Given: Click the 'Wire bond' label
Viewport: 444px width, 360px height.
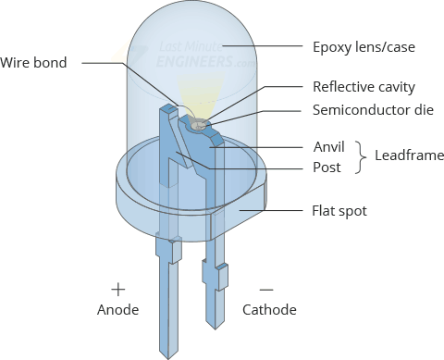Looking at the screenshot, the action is (x=33, y=63).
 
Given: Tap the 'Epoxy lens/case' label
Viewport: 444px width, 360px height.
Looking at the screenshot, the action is (x=364, y=47).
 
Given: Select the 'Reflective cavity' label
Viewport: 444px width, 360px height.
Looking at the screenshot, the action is (x=364, y=87).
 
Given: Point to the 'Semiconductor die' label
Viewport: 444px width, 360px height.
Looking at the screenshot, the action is (x=373, y=110).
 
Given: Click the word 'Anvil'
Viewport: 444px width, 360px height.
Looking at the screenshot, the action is (x=328, y=147).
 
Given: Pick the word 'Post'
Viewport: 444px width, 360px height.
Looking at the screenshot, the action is (x=327, y=168).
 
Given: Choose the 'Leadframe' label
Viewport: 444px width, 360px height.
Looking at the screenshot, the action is (x=409, y=155).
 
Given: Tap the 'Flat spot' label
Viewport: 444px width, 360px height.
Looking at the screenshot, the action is (x=339, y=211).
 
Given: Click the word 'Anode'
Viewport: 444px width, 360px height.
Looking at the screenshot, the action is (x=117, y=310).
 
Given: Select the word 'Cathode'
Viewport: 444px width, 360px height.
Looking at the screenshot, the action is (x=269, y=310).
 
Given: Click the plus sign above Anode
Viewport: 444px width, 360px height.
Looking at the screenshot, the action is (x=118, y=290).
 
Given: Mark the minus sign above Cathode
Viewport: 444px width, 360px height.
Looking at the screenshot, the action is (x=266, y=290).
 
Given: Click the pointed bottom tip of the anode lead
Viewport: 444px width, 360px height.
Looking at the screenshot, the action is (x=168, y=359).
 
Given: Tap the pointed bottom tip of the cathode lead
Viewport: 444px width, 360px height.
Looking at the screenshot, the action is (x=215, y=329).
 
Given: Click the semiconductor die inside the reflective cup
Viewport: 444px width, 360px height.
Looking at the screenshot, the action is (x=197, y=126).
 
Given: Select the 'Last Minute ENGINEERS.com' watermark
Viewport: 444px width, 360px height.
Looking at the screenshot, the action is (x=206, y=55).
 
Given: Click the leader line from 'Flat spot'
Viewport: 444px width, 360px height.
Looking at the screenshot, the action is (x=271, y=210).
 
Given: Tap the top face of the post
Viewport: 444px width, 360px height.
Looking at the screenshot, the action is (x=169, y=108).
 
